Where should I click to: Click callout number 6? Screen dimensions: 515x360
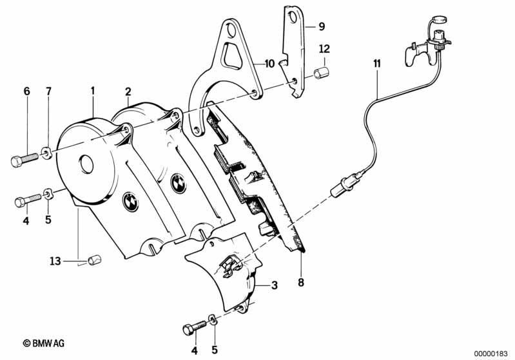pos(26,91)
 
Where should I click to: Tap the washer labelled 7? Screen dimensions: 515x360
pos(46,153)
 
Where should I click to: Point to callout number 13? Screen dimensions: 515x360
pos(55,261)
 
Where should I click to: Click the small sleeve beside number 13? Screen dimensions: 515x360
pos(95,261)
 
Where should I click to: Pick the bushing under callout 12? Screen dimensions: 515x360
pos(322,73)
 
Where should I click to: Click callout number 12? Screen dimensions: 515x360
pos(324,49)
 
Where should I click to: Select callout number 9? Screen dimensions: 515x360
pos(322,26)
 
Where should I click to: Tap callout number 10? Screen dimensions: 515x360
pos(269,63)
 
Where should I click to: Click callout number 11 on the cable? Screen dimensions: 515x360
pos(376,63)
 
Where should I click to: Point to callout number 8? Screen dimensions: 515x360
pos(301,282)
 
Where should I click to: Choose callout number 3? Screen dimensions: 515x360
pos(274,285)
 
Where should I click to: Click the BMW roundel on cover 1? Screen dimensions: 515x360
pos(130,203)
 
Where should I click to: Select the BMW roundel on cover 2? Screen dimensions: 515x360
pos(179,184)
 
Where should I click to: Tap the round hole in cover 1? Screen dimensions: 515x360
pos(87,164)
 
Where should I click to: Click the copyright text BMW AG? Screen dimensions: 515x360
pos(44,343)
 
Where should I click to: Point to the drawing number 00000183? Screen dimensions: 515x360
pos(491,354)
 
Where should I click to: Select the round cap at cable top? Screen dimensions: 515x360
pos(439,19)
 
